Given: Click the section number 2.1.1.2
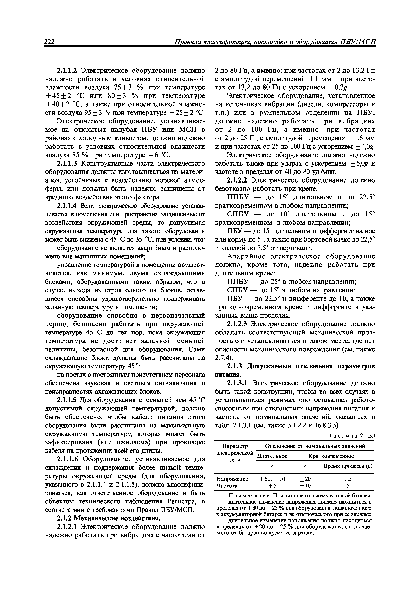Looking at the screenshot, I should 67,71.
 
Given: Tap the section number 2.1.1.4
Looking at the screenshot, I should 67,206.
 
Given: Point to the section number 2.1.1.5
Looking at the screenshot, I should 67,400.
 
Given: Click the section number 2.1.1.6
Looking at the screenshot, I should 67,459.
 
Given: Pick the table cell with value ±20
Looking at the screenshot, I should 305,479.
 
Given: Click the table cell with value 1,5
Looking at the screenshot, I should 348,479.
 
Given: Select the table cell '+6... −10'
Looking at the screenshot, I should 272,479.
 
